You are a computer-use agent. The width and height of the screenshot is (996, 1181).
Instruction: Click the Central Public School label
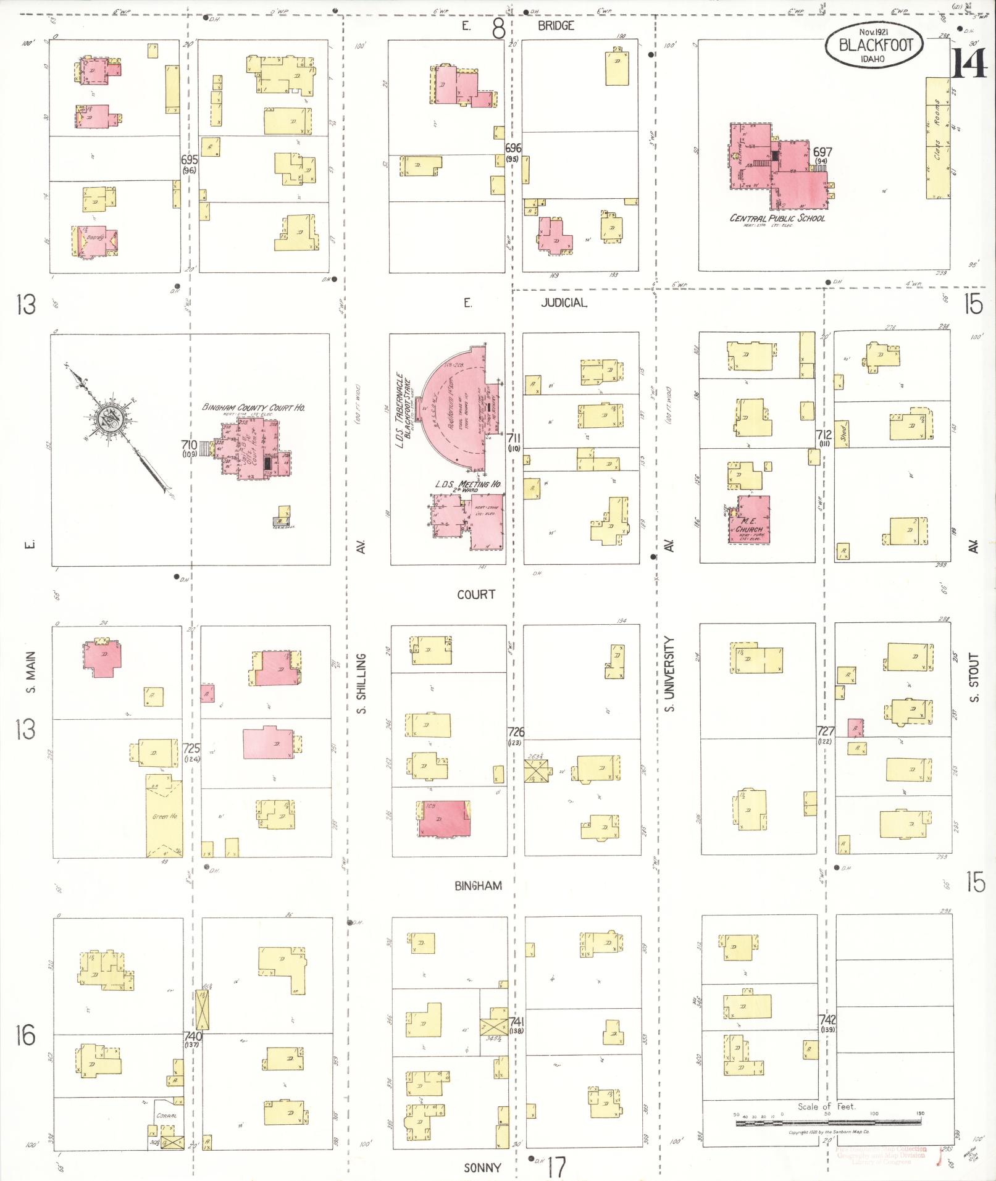click(x=777, y=218)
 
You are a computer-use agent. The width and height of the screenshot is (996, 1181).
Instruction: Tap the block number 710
click(x=189, y=444)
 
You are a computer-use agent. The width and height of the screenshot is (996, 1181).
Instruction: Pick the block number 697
click(x=822, y=152)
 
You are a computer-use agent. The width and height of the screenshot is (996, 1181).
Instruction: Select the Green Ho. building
click(x=164, y=816)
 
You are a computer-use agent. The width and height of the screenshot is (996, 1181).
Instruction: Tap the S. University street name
click(x=670, y=674)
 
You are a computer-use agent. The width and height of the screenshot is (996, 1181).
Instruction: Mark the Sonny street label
click(x=482, y=1167)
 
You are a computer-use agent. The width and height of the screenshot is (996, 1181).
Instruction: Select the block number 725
click(x=191, y=748)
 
